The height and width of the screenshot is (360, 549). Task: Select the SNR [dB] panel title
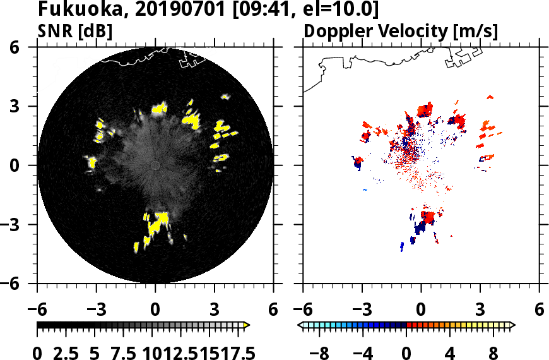point(75,31)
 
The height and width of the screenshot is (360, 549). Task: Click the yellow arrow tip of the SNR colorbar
point(247,325)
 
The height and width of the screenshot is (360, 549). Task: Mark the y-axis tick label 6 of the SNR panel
point(27,47)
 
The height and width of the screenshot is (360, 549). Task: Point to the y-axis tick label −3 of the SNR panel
point(21,224)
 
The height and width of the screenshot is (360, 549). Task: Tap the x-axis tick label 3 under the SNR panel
point(215,310)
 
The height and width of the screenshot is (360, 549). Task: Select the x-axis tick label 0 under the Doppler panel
point(421,310)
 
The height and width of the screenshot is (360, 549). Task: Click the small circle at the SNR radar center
point(155,165)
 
